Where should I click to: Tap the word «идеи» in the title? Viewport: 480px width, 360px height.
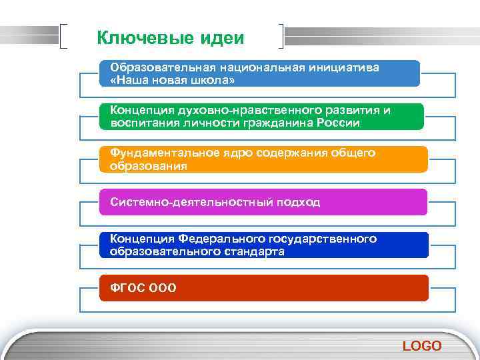click(x=222, y=38)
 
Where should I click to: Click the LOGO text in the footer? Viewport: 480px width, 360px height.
click(x=422, y=345)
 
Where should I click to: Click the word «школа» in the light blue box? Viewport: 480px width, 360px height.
click(x=207, y=80)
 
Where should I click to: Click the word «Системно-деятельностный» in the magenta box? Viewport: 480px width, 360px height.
click(x=184, y=202)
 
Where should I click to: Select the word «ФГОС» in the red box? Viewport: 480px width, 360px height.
click(x=127, y=288)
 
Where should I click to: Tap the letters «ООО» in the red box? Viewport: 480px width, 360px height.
click(x=163, y=288)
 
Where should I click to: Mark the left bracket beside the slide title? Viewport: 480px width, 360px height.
click(x=63, y=37)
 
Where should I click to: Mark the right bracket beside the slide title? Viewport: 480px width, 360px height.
click(x=283, y=37)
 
